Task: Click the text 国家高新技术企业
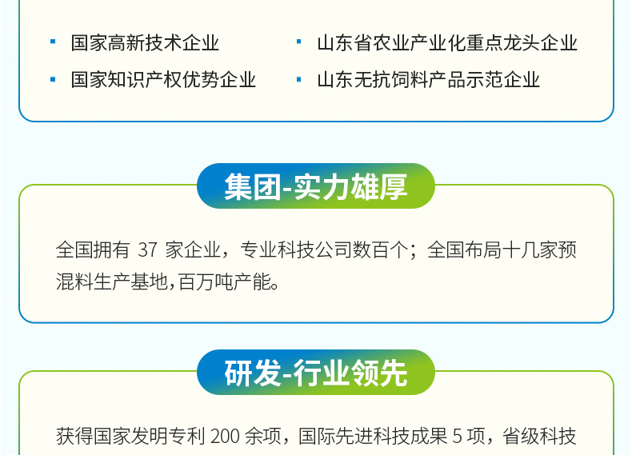145,42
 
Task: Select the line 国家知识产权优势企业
164,79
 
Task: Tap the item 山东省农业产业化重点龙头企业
447,42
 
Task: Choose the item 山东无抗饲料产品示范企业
429,79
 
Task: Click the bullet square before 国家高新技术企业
53,42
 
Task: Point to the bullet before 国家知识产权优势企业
53,79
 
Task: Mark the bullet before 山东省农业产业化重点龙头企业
298,42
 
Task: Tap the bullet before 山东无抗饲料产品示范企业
298,79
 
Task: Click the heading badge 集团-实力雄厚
316,186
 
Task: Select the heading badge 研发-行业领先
316,372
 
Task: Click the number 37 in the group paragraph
147,249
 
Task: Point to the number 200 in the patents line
225,436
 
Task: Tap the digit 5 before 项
458,436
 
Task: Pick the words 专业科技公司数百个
324,249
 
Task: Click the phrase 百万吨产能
224,281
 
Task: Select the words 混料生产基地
112,281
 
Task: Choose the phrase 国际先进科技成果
373,436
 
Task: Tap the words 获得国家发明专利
130,436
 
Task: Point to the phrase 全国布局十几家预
502,249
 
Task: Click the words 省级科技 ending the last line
539,436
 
